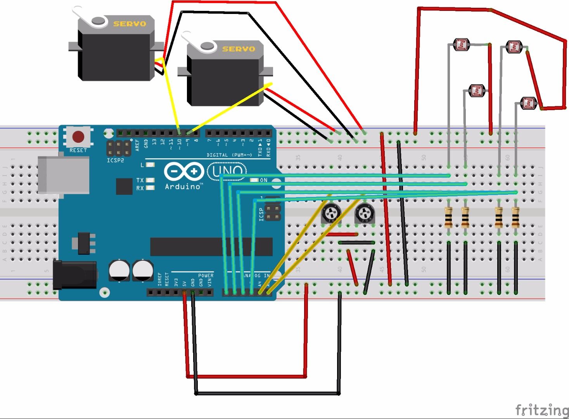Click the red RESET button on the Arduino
[x=78, y=137]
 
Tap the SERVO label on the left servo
[x=130, y=24]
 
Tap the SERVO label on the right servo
[x=239, y=49]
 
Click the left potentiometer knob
[x=331, y=213]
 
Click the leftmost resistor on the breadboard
[x=449, y=217]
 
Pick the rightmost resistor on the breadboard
[x=515, y=217]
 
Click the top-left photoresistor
[x=461, y=45]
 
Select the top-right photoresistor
[x=515, y=47]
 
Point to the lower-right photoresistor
[x=529, y=103]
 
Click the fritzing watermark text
[x=541, y=410]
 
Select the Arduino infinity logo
[x=183, y=171]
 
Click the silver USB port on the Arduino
[x=63, y=175]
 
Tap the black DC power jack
[x=75, y=275]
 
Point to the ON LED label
[x=263, y=180]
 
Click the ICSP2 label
[x=115, y=160]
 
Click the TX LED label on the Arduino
[x=140, y=180]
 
